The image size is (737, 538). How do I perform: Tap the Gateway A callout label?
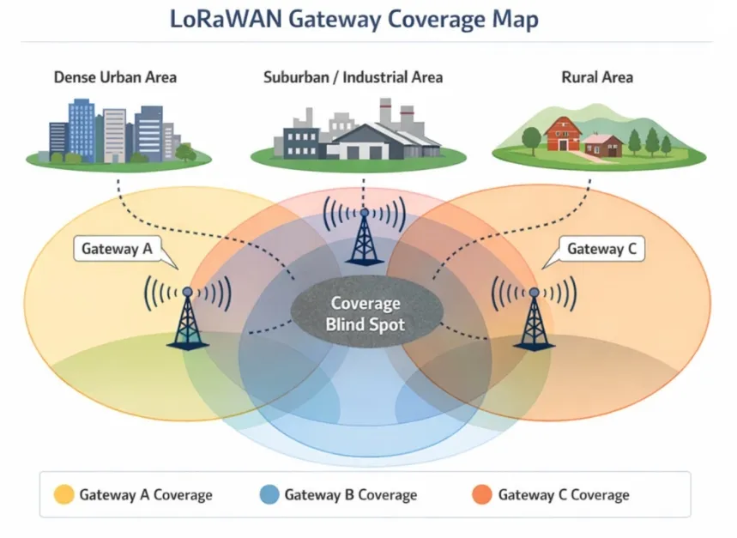pos(117,250)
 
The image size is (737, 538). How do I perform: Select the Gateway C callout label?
pos(601,250)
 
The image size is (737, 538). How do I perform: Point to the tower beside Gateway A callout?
pos(187,317)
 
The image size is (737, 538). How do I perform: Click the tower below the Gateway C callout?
pos(534,317)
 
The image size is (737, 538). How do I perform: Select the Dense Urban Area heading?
pos(115,77)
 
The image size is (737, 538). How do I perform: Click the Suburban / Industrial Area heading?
pos(353,77)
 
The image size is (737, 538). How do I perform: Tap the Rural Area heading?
pos(597,77)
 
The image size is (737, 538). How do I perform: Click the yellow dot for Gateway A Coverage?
pos(63,495)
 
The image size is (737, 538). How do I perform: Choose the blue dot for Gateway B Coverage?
pos(269,495)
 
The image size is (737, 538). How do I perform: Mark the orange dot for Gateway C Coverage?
pos(482,495)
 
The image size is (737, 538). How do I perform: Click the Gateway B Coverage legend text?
pos(351,495)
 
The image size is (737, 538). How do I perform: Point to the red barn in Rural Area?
pos(563,135)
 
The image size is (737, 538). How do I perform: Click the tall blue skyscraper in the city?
pos(82,129)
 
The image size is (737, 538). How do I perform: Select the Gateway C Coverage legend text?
pos(564,495)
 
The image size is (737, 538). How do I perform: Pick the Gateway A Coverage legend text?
pos(146,495)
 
